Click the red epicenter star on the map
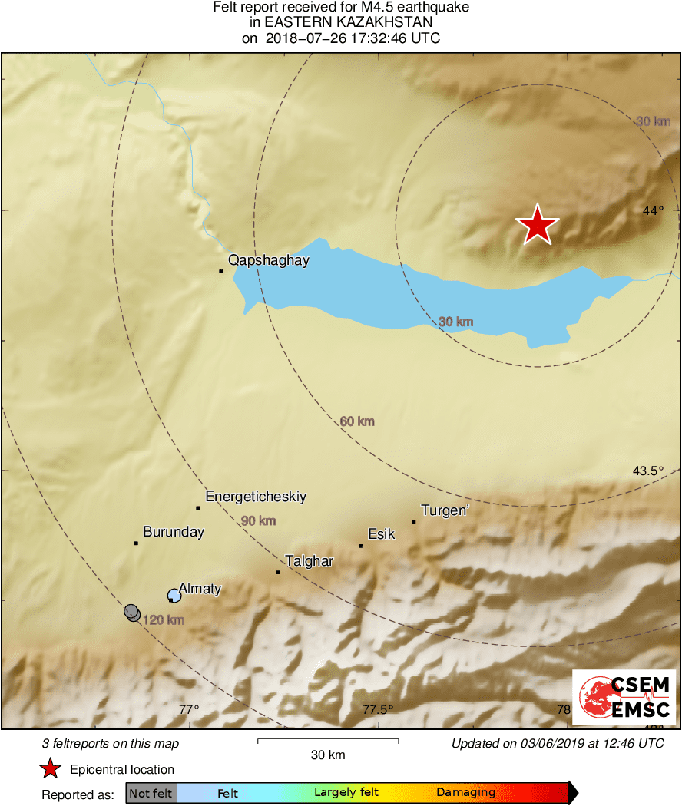(537, 225)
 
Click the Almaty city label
(200, 589)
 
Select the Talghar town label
(309, 561)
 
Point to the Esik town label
(382, 533)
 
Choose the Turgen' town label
(445, 510)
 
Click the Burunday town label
(174, 532)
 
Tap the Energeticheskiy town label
(256, 497)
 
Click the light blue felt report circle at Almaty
(174, 595)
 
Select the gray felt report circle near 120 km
(132, 612)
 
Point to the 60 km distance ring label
(357, 421)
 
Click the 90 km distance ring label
(258, 521)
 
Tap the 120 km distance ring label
(163, 619)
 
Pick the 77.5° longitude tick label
(378, 709)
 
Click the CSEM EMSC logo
(624, 696)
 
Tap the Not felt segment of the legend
(151, 793)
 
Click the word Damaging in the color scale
(465, 793)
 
